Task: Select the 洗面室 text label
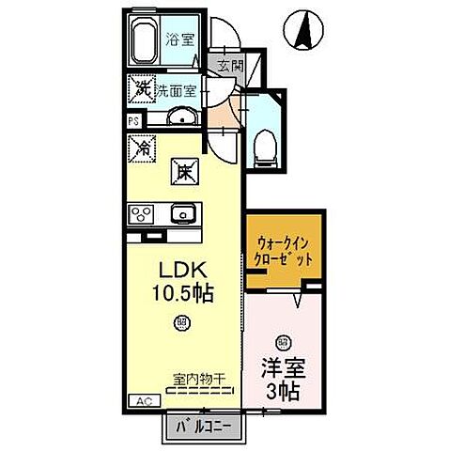pos(177,91)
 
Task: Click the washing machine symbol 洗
pos(143,91)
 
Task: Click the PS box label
pos(133,120)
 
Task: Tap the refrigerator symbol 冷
pos(143,148)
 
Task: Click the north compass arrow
pos(305,30)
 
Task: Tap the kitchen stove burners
pos(143,212)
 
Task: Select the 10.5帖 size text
pos(185,293)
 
